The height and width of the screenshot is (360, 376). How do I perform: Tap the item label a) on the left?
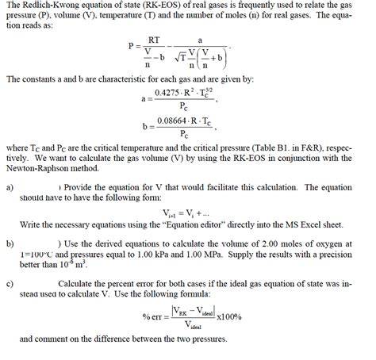pos(10,188)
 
